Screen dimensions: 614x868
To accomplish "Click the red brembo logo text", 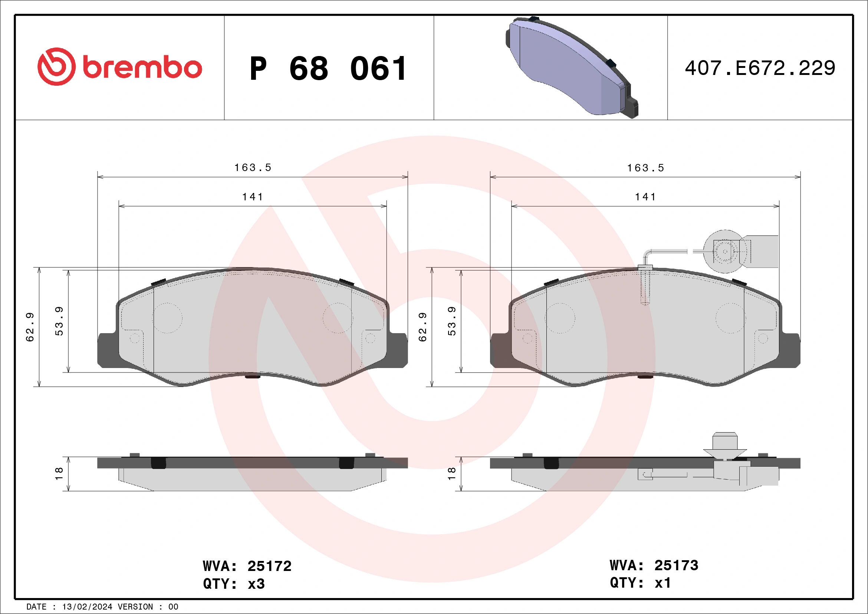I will point(142,68).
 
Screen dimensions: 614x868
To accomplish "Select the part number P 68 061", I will point(328,69).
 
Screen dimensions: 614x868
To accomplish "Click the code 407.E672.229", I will point(760,68).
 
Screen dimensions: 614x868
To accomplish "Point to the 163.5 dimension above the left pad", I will point(253,167).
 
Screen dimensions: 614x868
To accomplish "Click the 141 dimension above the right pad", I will point(645,197).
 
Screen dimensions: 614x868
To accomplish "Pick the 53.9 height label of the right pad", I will point(452,321).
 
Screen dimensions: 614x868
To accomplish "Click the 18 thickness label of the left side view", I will point(59,473).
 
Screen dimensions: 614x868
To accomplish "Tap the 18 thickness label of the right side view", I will point(451,473).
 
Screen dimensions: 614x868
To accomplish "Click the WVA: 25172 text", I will point(247,566).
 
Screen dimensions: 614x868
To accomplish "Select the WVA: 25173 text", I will point(654,565).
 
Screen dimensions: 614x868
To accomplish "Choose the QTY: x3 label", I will point(234,584).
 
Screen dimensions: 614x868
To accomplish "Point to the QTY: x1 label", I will point(640,582).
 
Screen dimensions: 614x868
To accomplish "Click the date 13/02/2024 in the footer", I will point(87,607).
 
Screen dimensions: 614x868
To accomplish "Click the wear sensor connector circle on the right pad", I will point(725,252).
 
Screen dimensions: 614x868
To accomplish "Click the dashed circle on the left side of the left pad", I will point(167,318).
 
